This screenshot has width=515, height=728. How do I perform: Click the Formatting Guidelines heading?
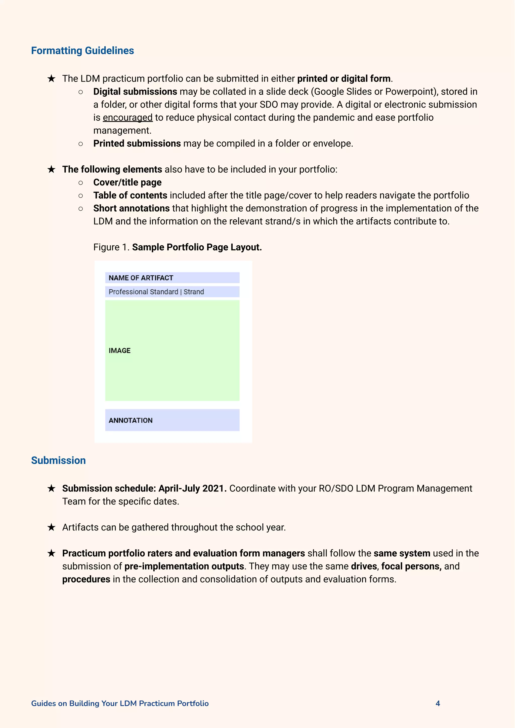(82, 51)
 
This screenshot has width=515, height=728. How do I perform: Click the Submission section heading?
(58, 461)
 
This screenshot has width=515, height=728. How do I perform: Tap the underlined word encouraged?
(127, 118)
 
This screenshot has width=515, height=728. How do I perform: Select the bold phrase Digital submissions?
(135, 92)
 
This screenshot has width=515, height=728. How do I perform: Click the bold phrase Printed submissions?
(137, 144)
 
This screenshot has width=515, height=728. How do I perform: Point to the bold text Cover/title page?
(127, 182)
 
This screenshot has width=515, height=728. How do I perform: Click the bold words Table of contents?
(130, 196)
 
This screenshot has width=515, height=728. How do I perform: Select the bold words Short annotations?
(131, 209)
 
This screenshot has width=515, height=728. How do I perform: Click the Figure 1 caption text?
(177, 247)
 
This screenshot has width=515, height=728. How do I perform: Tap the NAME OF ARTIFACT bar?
(172, 278)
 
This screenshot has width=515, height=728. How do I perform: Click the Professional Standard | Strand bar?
(172, 292)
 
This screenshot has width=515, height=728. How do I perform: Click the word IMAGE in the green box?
(119, 351)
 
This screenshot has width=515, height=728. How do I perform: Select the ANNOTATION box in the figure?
(172, 420)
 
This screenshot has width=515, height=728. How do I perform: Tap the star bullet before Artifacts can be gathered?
(51, 527)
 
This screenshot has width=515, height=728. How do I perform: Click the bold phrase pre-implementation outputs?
(184, 566)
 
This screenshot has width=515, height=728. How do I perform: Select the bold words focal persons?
(411, 566)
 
